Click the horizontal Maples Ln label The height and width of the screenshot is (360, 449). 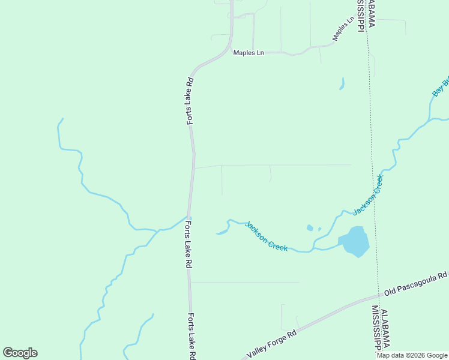248,53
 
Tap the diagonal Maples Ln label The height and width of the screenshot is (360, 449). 343,30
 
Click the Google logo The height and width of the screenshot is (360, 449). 20,353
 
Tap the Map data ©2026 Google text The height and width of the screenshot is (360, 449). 412,355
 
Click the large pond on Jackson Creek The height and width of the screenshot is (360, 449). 355,242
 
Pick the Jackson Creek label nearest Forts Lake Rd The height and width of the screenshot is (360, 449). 266,236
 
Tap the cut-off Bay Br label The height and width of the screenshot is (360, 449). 441,86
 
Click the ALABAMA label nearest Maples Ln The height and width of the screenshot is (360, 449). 372,14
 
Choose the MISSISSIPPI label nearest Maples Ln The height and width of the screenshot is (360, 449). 361,16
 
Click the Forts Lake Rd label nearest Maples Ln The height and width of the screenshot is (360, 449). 190,101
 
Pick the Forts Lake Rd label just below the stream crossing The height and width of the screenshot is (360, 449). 188,244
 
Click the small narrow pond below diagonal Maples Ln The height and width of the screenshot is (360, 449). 342,83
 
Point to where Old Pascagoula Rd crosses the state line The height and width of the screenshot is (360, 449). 379,295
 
